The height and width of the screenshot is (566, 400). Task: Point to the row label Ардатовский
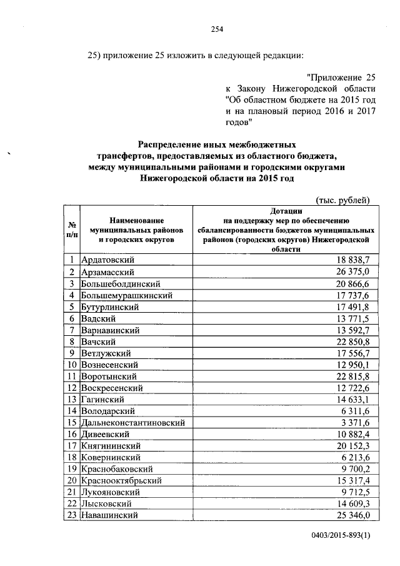[x=106, y=260]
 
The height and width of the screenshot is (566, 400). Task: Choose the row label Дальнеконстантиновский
[x=134, y=423]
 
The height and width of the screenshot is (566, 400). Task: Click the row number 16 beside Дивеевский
[x=72, y=434]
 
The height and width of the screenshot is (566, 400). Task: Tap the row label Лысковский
[x=106, y=504]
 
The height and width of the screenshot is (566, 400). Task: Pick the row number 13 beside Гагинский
[x=72, y=399]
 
